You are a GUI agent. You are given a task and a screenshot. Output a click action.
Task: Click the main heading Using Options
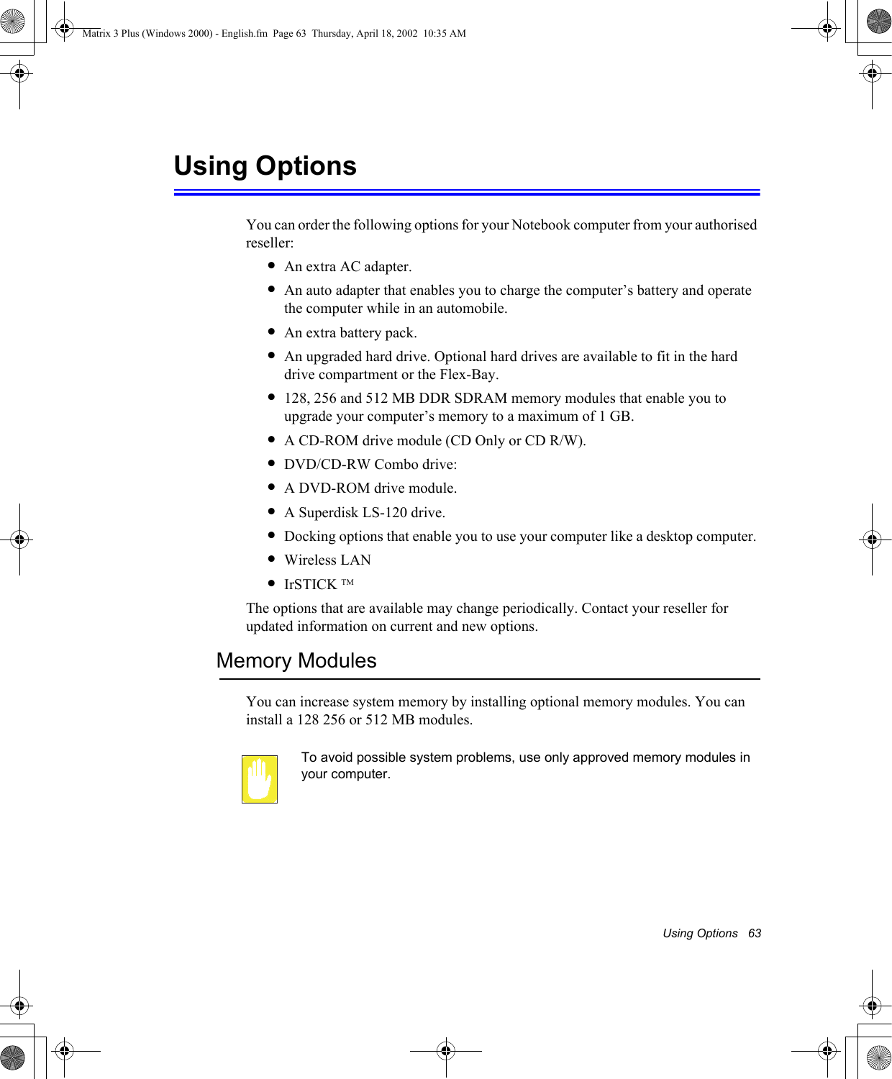pyautogui.click(x=265, y=166)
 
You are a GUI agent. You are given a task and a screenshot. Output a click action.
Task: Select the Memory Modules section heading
pyautogui.click(x=296, y=660)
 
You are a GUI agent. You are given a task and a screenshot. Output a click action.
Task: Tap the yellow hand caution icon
pyautogui.click(x=260, y=779)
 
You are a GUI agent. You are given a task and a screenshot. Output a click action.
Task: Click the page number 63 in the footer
pyautogui.click(x=754, y=933)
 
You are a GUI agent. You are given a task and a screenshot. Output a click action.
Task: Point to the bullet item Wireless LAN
pyautogui.click(x=327, y=560)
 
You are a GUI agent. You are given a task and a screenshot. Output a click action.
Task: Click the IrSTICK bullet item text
pyautogui.click(x=310, y=584)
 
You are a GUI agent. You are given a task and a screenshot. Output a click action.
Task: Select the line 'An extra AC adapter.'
pyautogui.click(x=347, y=267)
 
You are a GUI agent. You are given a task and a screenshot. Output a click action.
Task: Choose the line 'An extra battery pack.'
pyautogui.click(x=350, y=333)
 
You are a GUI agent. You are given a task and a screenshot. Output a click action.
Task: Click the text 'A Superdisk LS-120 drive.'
pyautogui.click(x=364, y=512)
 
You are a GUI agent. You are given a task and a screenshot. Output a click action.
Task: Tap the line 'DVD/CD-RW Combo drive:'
pyautogui.click(x=370, y=465)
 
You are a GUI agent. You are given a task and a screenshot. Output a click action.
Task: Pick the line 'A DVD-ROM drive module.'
pyautogui.click(x=370, y=488)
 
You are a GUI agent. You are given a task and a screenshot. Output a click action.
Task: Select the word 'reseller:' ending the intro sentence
pyautogui.click(x=270, y=243)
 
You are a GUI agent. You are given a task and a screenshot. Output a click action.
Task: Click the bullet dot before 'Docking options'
pyautogui.click(x=271, y=535)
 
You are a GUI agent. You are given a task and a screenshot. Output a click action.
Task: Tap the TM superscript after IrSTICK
pyautogui.click(x=347, y=582)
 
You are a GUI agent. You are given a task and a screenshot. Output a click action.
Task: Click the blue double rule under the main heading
pyautogui.click(x=467, y=192)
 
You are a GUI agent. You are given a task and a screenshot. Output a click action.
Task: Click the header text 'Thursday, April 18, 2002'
pyautogui.click(x=364, y=33)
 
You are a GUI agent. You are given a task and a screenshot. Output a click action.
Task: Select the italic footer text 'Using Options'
pyautogui.click(x=699, y=933)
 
